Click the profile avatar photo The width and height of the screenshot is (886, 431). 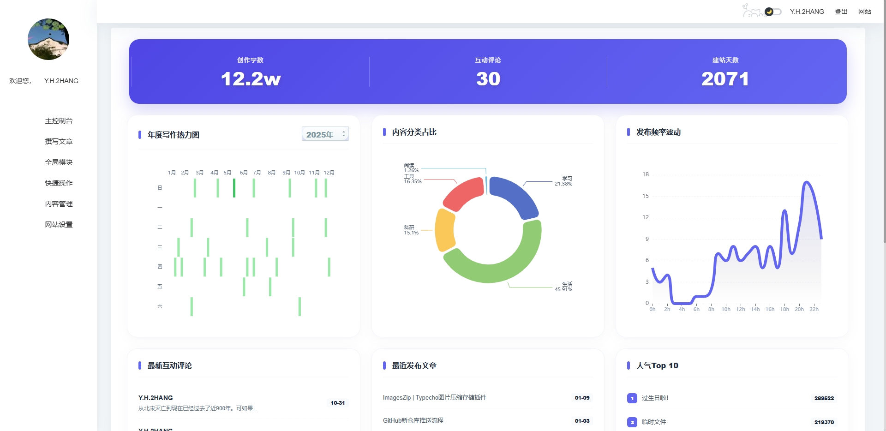point(48,39)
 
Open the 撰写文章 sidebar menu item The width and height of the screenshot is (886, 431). point(59,142)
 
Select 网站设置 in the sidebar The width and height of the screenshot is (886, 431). point(59,225)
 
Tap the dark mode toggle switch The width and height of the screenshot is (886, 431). point(772,12)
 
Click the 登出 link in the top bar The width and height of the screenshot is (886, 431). point(841,12)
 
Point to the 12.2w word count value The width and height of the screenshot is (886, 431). point(251,79)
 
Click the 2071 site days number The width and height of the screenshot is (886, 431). point(725,79)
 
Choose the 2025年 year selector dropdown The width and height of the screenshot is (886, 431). point(325,134)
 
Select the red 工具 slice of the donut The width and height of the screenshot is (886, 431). point(463,192)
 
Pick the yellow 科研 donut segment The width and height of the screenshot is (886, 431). point(444,230)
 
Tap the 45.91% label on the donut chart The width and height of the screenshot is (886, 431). point(563,289)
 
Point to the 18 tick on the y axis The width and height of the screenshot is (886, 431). point(646,174)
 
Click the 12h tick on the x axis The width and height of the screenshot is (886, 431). point(740,309)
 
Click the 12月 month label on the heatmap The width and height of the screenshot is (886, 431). point(329,173)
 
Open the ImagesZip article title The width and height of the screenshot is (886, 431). point(434,398)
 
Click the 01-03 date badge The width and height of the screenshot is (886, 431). point(582,421)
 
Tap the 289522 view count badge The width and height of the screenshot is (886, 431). point(824,398)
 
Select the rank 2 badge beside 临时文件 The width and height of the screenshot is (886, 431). point(632,422)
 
